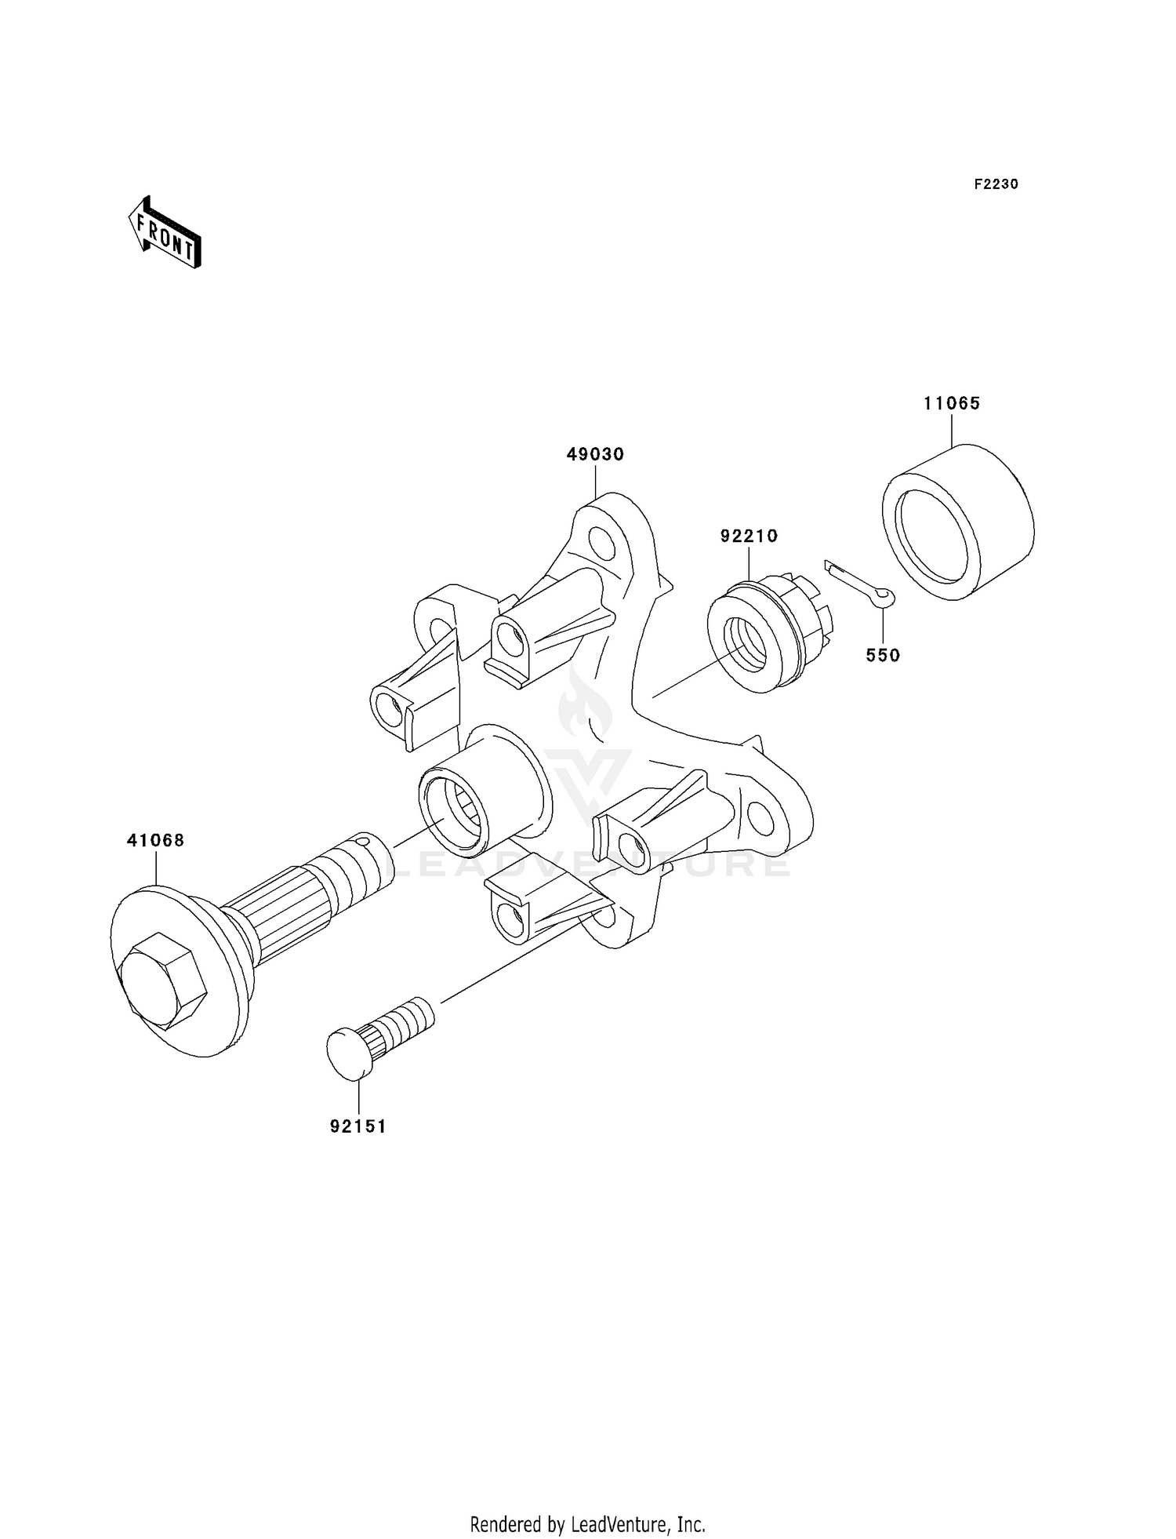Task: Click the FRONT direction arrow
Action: pos(165,234)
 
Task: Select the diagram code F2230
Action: pos(996,184)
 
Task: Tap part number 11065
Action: pos(952,403)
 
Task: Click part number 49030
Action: pos(595,454)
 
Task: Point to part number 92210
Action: pos(749,536)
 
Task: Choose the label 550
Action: pos(883,655)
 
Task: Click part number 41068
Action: pos(155,840)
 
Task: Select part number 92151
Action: pos(358,1126)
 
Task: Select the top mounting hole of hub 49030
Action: pos(602,542)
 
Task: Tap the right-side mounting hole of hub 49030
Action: pos(758,817)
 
